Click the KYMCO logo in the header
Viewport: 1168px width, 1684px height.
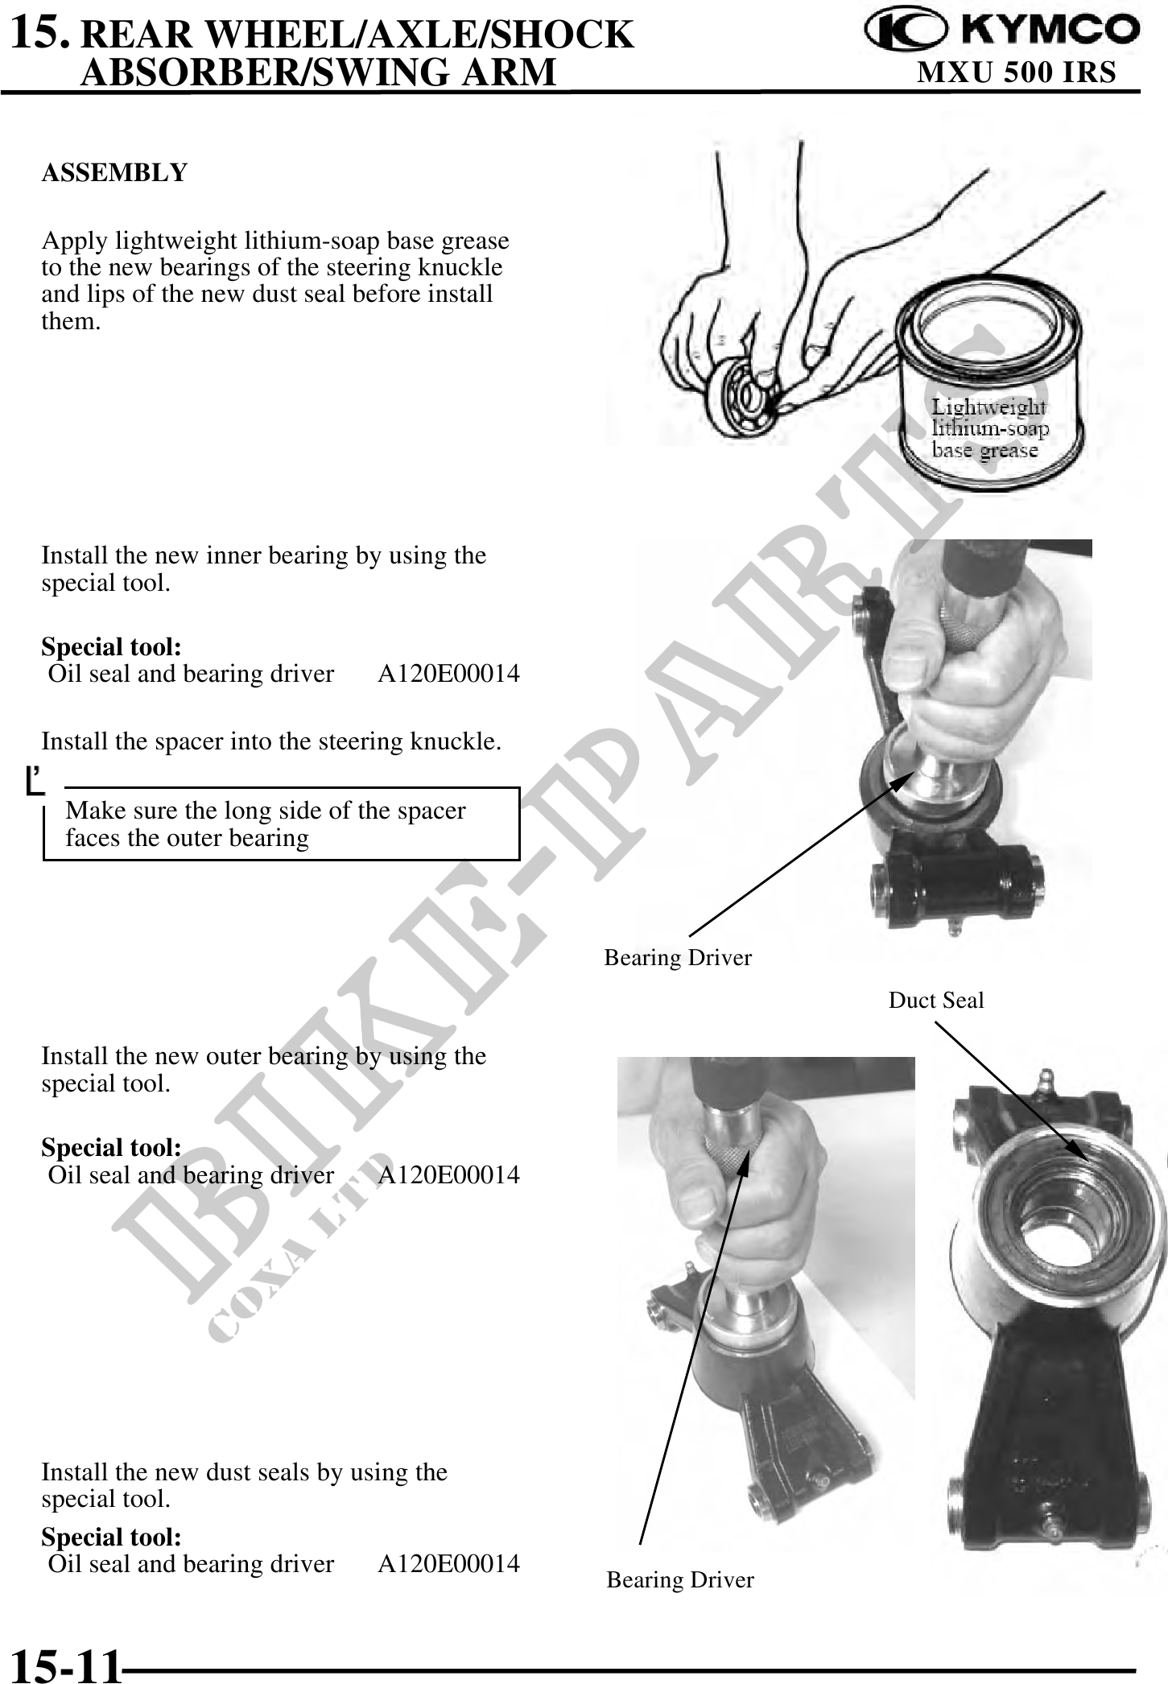tap(1002, 30)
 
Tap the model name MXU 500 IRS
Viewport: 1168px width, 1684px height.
tap(1017, 72)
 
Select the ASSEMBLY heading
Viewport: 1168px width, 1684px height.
tap(114, 172)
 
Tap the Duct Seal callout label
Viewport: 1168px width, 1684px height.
tap(936, 1001)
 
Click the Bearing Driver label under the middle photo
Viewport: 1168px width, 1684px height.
tap(678, 958)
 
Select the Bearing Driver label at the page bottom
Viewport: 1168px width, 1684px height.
tap(680, 1580)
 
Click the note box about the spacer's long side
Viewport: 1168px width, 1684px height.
tap(281, 823)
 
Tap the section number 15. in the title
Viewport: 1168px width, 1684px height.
tap(45, 32)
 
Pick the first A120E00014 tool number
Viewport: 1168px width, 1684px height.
tap(449, 674)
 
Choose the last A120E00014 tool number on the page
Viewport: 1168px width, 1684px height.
tap(449, 1563)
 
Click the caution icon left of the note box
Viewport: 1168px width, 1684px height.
tap(34, 780)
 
